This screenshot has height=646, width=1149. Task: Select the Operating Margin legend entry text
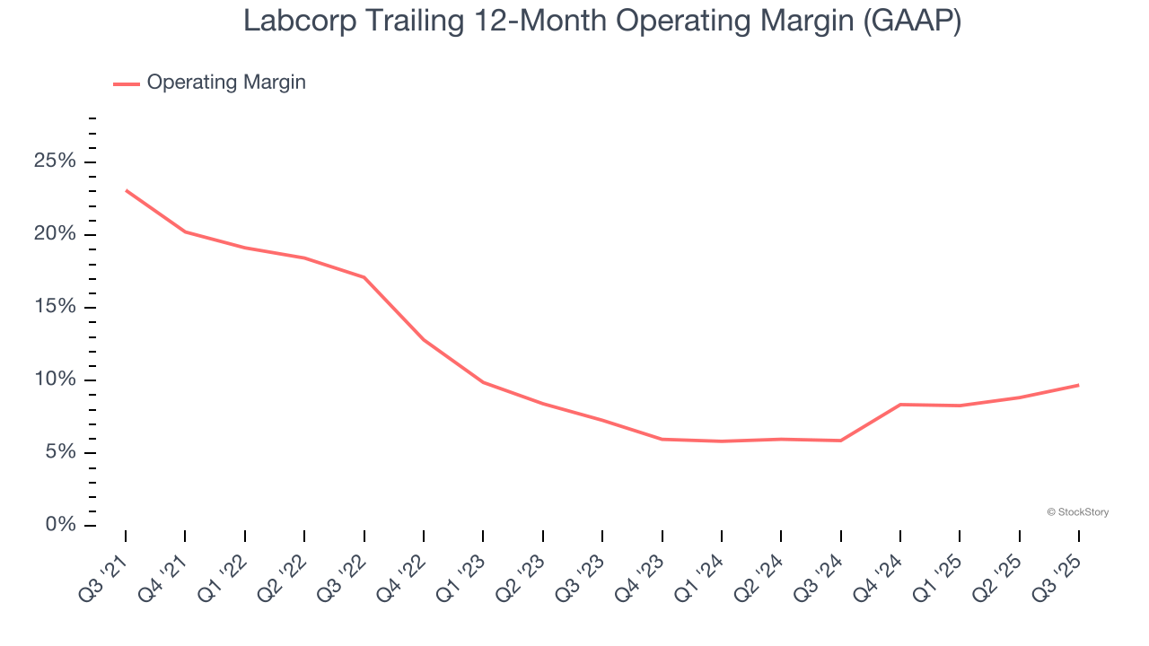click(x=226, y=83)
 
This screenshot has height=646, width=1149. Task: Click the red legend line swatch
click(x=126, y=83)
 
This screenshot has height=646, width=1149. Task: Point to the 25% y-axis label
click(x=55, y=162)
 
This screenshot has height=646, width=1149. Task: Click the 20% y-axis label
click(x=55, y=235)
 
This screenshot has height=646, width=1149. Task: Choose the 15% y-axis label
click(x=55, y=308)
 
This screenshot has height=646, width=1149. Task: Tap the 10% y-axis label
click(x=55, y=380)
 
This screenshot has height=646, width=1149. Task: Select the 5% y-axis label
click(x=60, y=453)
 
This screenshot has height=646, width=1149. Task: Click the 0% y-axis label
click(x=60, y=525)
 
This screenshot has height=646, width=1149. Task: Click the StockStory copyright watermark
click(x=1077, y=512)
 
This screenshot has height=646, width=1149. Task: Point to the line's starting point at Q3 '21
click(x=126, y=190)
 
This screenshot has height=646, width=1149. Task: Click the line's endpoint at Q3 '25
click(x=1079, y=385)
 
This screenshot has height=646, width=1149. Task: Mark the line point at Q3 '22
click(x=364, y=277)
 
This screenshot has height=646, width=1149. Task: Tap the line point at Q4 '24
click(x=900, y=405)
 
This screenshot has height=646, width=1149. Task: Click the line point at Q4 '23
click(x=662, y=439)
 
